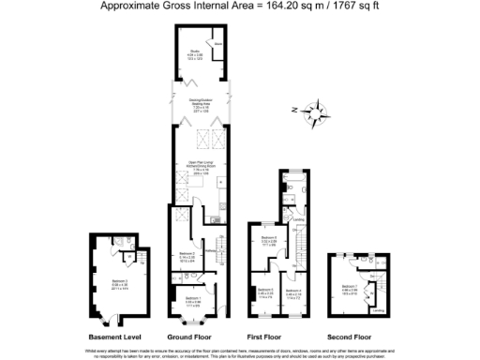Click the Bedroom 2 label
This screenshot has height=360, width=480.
coord(186,255)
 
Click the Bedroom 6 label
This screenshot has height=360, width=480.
coord(268,240)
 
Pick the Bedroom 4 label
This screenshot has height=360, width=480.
coord(293,292)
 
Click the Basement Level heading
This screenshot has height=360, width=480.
coord(114,336)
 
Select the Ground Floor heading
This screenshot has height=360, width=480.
coord(193,336)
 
